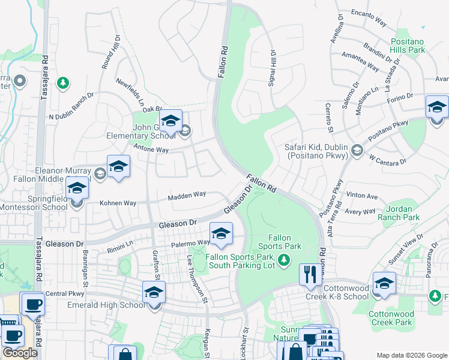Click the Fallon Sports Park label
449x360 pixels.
click(279, 242)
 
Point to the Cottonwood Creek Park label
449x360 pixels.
click(390, 317)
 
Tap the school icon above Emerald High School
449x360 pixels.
click(154, 292)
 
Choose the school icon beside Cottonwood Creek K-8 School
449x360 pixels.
click(384, 284)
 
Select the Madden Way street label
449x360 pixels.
click(187, 195)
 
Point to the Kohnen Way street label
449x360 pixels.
click(118, 203)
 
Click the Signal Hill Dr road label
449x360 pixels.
click(272, 67)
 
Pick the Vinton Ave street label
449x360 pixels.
click(362, 196)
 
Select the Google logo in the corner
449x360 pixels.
click(20, 353)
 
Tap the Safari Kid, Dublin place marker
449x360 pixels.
click(358, 149)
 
